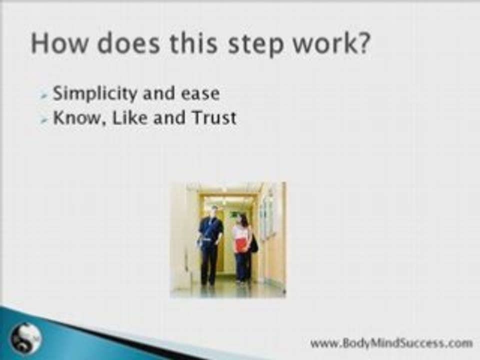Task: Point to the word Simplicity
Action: (94, 93)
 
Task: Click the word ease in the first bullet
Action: (200, 93)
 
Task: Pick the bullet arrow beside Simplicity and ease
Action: (44, 96)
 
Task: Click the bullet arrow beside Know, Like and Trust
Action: (44, 119)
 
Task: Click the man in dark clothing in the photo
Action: (210, 245)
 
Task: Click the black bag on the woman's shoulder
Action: (254, 243)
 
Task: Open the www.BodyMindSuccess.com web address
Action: (391, 343)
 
